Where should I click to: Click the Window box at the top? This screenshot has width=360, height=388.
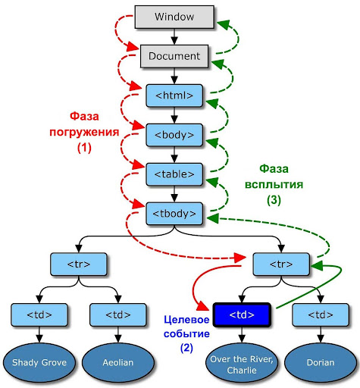[174, 17]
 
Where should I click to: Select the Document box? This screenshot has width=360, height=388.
[174, 55]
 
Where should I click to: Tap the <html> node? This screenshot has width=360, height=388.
[174, 95]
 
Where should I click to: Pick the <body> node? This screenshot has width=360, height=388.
[174, 135]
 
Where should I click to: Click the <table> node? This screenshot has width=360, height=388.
[174, 174]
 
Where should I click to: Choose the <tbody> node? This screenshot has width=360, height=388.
[174, 214]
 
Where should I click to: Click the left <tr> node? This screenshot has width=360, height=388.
[79, 264]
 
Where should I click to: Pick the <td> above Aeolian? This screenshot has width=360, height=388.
[118, 313]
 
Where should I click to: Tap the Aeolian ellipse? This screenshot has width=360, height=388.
[118, 362]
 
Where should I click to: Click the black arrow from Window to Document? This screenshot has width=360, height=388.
[174, 36]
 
